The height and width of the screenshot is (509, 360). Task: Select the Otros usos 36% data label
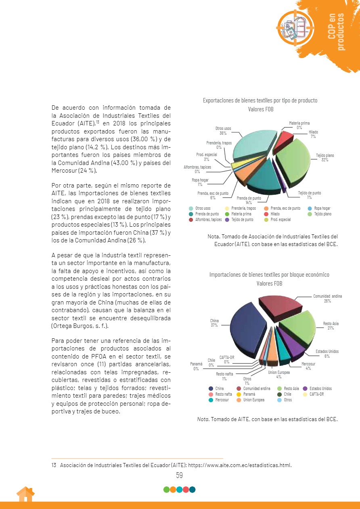pos(223,131)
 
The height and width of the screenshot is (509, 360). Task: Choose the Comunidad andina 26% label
pos(327,298)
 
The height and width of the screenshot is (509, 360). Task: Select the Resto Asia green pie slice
pos(297,325)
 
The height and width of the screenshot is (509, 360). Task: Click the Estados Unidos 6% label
pos(327,354)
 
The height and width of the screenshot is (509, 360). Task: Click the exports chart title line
pos(260,100)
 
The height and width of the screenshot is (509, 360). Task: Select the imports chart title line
pos(269,275)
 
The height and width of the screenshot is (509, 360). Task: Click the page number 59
pos(180,476)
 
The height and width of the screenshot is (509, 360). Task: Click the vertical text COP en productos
pos(336,31)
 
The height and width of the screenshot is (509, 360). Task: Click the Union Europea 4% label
pos(279,374)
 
